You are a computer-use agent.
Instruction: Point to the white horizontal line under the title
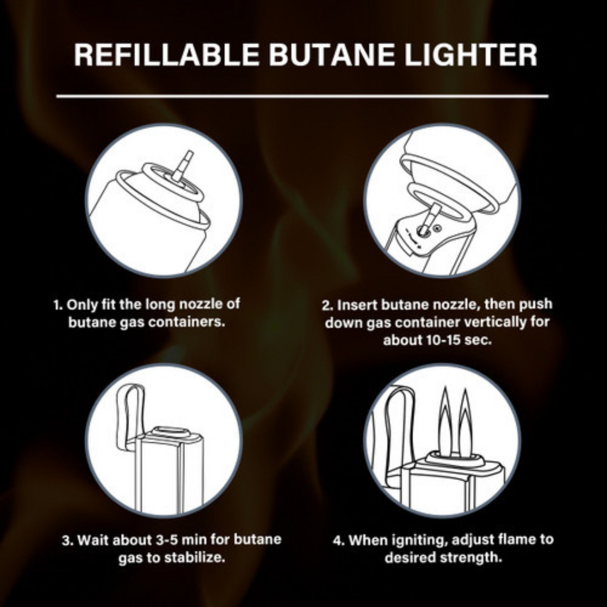pyautogui.click(x=302, y=96)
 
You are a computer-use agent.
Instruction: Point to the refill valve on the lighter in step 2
pyautogui.click(x=423, y=231)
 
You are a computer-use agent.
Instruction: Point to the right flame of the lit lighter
pyautogui.click(x=466, y=422)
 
